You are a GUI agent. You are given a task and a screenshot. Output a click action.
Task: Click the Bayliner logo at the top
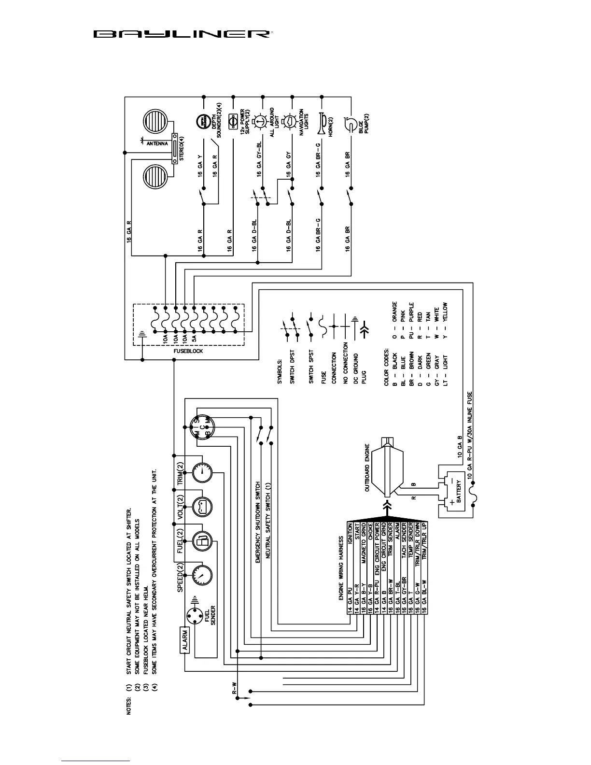(181, 34)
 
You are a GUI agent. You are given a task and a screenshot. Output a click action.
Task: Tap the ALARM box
(185, 640)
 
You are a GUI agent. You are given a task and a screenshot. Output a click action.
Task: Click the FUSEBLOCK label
(188, 351)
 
